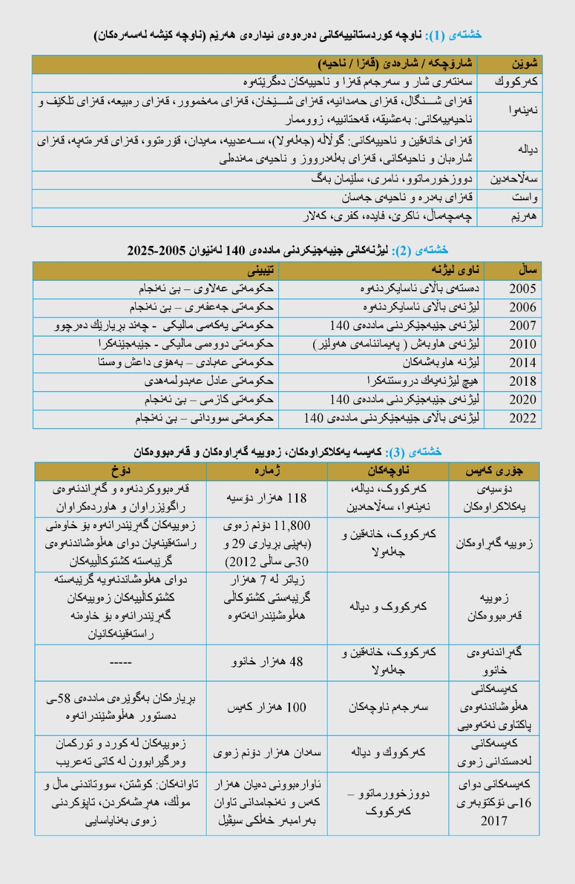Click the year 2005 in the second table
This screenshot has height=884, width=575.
pyautogui.click(x=522, y=288)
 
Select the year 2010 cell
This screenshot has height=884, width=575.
pyautogui.click(x=522, y=344)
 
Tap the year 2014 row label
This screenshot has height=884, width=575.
pyautogui.click(x=522, y=362)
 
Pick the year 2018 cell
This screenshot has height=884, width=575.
pyautogui.click(x=522, y=381)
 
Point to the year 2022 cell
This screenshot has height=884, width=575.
pyautogui.click(x=522, y=418)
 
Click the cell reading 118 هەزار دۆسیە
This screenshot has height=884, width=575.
pyautogui.click(x=266, y=498)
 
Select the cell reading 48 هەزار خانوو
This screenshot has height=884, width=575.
pyautogui.click(x=266, y=661)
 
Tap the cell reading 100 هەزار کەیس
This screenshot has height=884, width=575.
pyautogui.click(x=266, y=707)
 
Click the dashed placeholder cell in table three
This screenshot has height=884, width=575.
pyautogui.click(x=120, y=662)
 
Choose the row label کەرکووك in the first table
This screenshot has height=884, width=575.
pyautogui.click(x=509, y=82)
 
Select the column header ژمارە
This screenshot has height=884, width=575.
pyautogui.click(x=266, y=471)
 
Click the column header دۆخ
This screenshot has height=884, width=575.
pyautogui.click(x=120, y=471)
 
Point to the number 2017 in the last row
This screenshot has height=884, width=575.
pyautogui.click(x=493, y=821)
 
